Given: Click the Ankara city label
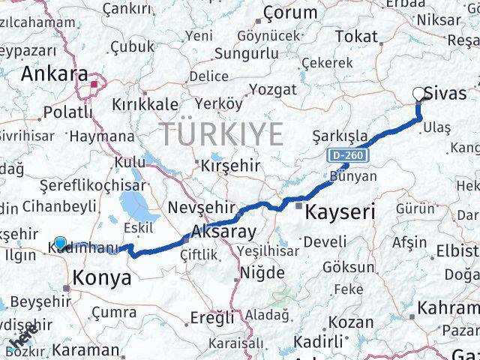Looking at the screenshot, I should (54, 73).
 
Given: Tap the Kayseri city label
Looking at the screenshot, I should (340, 212).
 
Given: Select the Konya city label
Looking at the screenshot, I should (101, 278).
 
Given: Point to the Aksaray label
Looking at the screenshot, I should (223, 231).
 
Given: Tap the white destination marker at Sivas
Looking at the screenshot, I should (419, 94).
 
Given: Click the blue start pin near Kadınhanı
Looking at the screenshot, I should (60, 243).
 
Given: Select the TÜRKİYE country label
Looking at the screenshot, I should (221, 134).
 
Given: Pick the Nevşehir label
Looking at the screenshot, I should (197, 207).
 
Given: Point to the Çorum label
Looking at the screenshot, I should (290, 13).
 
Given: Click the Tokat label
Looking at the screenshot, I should (356, 36).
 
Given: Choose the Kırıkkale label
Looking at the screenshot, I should (145, 104).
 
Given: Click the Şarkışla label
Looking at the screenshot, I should (340, 136).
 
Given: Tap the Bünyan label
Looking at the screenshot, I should (352, 176).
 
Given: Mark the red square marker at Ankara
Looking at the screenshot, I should (94, 85).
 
